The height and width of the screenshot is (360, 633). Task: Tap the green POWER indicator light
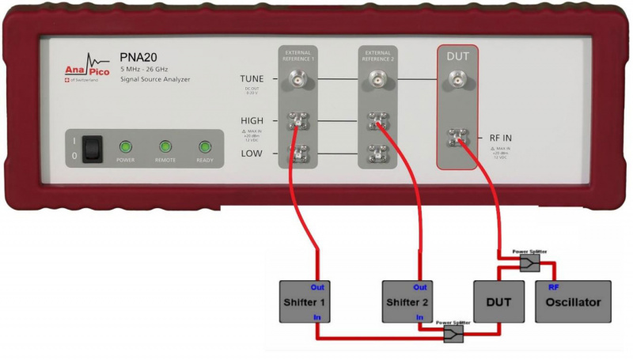coord(126,146)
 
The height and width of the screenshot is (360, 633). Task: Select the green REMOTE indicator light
coord(165,146)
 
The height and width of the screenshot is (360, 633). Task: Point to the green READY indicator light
coord(205,146)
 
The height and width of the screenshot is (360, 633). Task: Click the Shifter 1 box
coord(301,301)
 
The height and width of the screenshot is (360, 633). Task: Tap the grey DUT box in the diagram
coord(498,301)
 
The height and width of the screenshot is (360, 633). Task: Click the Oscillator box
coord(573,301)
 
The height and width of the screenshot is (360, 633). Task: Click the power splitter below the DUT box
coord(453,335)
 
